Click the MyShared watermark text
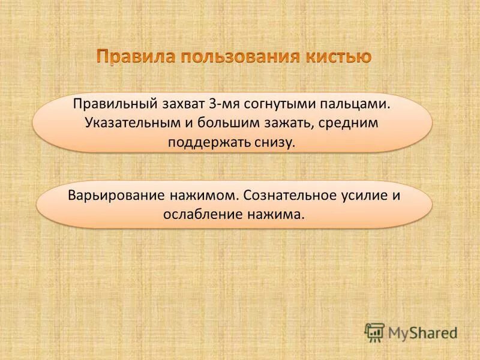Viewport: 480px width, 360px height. tap(422, 332)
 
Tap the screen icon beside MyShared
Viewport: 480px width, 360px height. tap(374, 332)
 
